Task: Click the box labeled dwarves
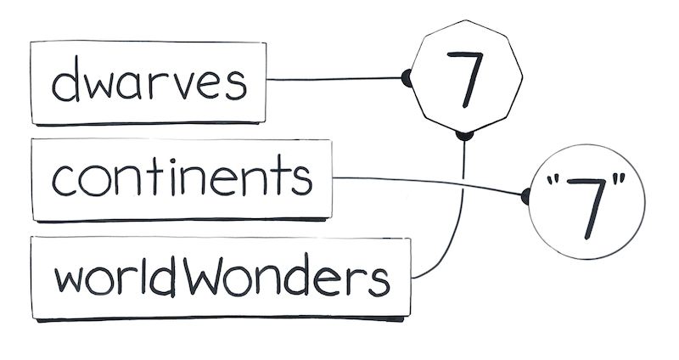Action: tap(148, 82)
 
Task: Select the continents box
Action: tap(182, 180)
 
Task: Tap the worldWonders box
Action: tap(221, 278)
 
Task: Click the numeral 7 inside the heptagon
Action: tap(465, 79)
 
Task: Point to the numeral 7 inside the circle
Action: tap(586, 207)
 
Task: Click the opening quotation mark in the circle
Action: tap(551, 179)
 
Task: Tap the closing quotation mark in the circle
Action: tap(620, 178)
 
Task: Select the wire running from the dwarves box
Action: tap(334, 79)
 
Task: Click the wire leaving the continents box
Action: tap(429, 183)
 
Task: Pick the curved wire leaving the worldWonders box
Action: tap(462, 217)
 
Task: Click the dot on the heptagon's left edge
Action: tap(407, 78)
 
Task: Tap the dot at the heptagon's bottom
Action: tap(464, 136)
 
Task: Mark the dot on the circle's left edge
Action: tap(525, 197)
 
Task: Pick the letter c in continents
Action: tap(63, 180)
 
